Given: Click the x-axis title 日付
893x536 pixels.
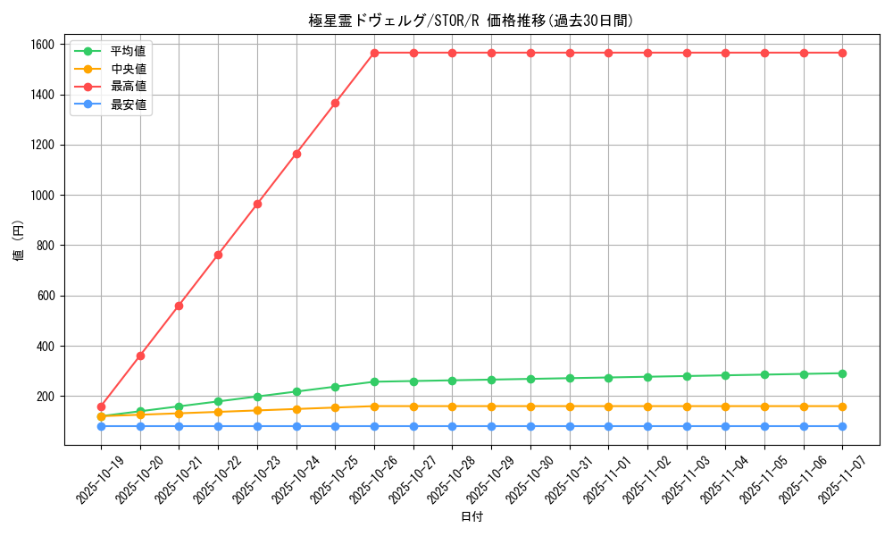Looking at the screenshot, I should click(472, 517).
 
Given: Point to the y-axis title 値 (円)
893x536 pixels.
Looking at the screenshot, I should click(19, 243).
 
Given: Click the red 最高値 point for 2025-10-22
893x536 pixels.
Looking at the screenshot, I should click(218, 255).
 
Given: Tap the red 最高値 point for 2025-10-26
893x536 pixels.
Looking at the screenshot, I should click(374, 53).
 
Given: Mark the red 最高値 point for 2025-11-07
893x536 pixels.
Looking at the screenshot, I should click(842, 53).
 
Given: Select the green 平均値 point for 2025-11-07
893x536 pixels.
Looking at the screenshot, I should click(842, 373).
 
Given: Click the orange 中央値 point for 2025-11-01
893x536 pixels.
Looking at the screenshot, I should click(608, 406).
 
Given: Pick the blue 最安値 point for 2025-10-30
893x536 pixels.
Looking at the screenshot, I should click(530, 426).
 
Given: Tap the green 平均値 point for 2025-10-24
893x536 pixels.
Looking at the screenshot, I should click(296, 391).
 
